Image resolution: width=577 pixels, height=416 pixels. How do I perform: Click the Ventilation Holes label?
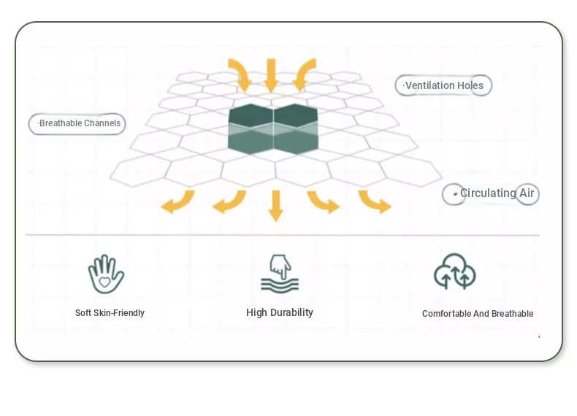(443, 85)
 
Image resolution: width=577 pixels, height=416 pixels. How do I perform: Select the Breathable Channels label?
(77, 123)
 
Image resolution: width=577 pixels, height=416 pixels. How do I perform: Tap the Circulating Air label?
(491, 193)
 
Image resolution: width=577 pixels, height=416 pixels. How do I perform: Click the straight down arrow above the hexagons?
(271, 75)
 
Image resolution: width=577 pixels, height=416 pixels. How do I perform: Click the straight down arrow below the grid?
(275, 206)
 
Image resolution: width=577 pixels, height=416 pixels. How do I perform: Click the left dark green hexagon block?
(251, 128)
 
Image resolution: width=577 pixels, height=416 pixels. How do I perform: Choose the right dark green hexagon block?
(296, 128)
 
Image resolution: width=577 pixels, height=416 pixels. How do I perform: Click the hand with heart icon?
(106, 274)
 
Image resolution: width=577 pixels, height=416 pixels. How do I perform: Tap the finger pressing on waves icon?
(280, 274)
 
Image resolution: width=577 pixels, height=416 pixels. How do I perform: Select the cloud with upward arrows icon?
(455, 271)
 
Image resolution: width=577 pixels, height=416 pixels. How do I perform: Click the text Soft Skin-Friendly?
(110, 313)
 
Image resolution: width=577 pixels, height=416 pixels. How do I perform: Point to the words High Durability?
(280, 312)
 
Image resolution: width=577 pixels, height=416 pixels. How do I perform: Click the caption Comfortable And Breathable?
(478, 314)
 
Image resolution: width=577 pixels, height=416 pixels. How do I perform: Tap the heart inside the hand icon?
(104, 282)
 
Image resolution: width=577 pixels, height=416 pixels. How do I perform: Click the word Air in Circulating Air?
(527, 193)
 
